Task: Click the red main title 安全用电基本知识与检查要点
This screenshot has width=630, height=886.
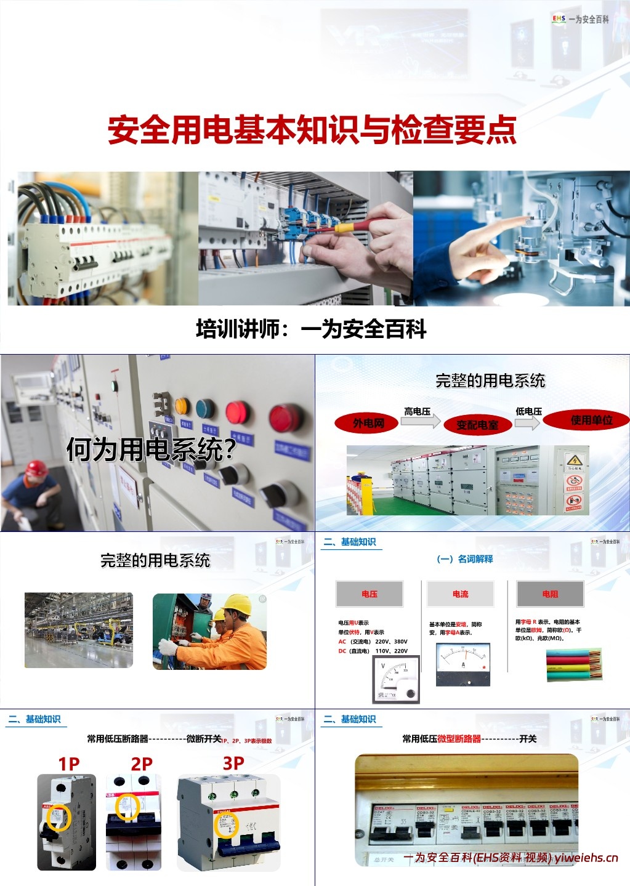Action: point(312,130)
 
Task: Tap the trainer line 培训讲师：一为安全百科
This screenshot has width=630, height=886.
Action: point(311,329)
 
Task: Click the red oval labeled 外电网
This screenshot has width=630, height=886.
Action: point(368,423)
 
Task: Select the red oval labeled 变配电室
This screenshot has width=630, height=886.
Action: point(477,425)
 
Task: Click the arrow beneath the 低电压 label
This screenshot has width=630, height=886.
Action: point(527,422)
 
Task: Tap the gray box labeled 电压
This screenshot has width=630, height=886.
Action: point(370,594)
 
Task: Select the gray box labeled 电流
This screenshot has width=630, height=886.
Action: point(460,594)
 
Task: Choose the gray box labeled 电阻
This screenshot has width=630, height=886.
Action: point(550,594)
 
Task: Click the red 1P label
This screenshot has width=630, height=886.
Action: point(69,764)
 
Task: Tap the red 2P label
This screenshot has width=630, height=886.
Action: point(142,764)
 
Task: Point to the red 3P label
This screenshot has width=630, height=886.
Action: point(233,763)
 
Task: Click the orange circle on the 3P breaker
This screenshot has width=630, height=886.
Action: point(227,824)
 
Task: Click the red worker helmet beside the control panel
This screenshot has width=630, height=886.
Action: point(36,468)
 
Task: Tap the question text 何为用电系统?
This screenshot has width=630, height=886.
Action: point(151,449)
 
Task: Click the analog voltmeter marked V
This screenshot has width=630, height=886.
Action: point(396,679)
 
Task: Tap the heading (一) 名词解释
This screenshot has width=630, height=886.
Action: point(464,559)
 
